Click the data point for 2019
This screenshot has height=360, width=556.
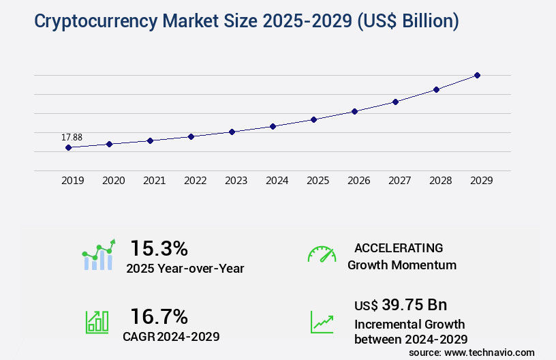68,147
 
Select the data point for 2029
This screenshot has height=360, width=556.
477,75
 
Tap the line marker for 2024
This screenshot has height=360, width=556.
273,126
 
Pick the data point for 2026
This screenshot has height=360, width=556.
354,111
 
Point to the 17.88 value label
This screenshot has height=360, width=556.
72,137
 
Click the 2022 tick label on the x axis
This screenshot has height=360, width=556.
195,181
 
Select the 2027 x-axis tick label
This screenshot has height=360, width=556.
399,181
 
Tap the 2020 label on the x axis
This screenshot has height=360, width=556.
113,181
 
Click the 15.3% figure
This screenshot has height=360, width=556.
159,248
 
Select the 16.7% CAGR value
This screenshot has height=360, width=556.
159,316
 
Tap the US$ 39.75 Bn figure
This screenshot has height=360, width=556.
401,305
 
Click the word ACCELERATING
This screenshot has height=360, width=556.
399,247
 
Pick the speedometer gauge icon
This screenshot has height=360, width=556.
322,254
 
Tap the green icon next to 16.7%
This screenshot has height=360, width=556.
97,322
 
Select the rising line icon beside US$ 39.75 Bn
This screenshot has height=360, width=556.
322,322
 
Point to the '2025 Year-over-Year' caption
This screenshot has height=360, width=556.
185,269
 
